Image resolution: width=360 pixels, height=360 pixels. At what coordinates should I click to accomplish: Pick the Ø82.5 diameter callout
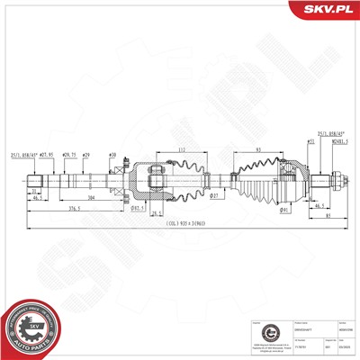(139, 209)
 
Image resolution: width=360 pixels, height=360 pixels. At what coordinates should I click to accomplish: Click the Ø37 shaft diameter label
(214, 194)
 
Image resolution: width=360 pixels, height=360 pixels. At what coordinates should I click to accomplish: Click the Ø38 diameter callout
(112, 155)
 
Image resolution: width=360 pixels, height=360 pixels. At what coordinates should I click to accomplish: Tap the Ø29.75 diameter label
(68, 155)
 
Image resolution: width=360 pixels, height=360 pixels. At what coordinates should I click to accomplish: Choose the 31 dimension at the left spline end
(33, 190)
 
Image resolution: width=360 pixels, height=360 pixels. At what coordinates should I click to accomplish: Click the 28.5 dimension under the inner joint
(157, 214)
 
